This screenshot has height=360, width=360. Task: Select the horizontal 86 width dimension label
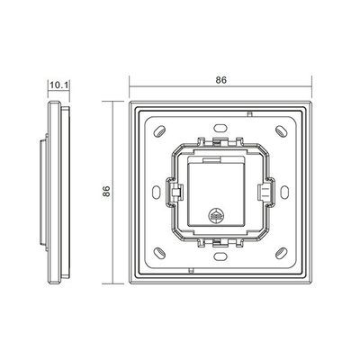coord(221,78)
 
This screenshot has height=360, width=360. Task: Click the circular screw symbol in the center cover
coord(216,216)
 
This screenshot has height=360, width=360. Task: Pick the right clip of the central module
coord(265,192)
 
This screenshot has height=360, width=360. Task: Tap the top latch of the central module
coord(221,142)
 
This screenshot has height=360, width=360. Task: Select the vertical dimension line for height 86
coord(114,192)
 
